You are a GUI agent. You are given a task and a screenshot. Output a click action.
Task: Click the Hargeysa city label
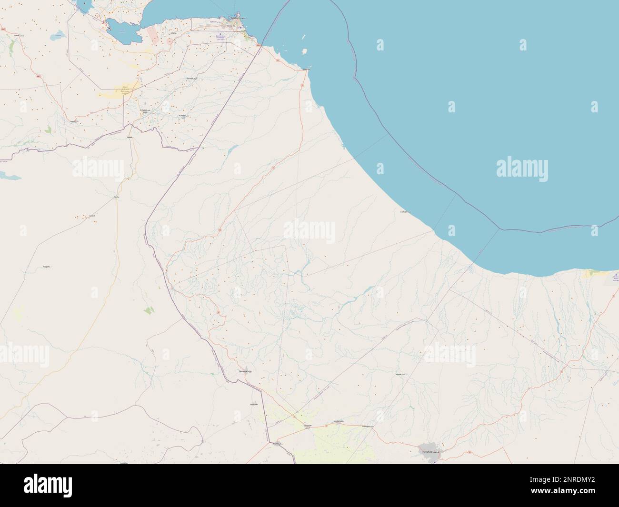(431, 450)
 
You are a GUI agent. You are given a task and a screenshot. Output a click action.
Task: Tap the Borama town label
(246, 371)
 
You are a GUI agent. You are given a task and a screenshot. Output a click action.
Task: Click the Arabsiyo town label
(366, 426)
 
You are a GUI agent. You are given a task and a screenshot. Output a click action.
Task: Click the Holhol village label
(190, 78)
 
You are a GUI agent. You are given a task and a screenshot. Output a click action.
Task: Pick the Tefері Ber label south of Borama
(253, 404)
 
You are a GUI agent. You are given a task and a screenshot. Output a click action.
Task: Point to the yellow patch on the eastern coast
(592, 273)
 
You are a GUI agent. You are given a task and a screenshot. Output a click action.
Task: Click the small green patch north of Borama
(148, 310)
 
